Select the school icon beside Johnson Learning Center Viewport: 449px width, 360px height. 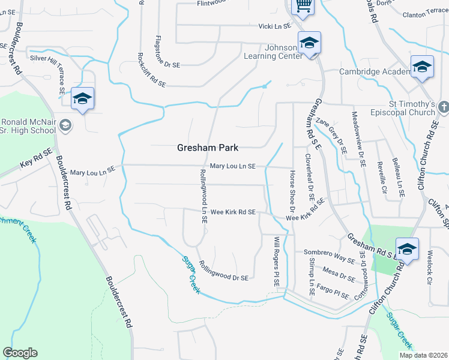(309, 43)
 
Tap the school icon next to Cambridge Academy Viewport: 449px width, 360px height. (422, 68)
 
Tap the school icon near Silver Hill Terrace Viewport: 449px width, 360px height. (82, 99)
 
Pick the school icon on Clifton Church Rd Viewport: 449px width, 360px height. (407, 249)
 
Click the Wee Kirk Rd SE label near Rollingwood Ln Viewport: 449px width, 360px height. (233, 212)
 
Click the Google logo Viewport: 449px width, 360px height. (20, 353)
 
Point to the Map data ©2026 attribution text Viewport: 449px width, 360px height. (422, 355)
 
